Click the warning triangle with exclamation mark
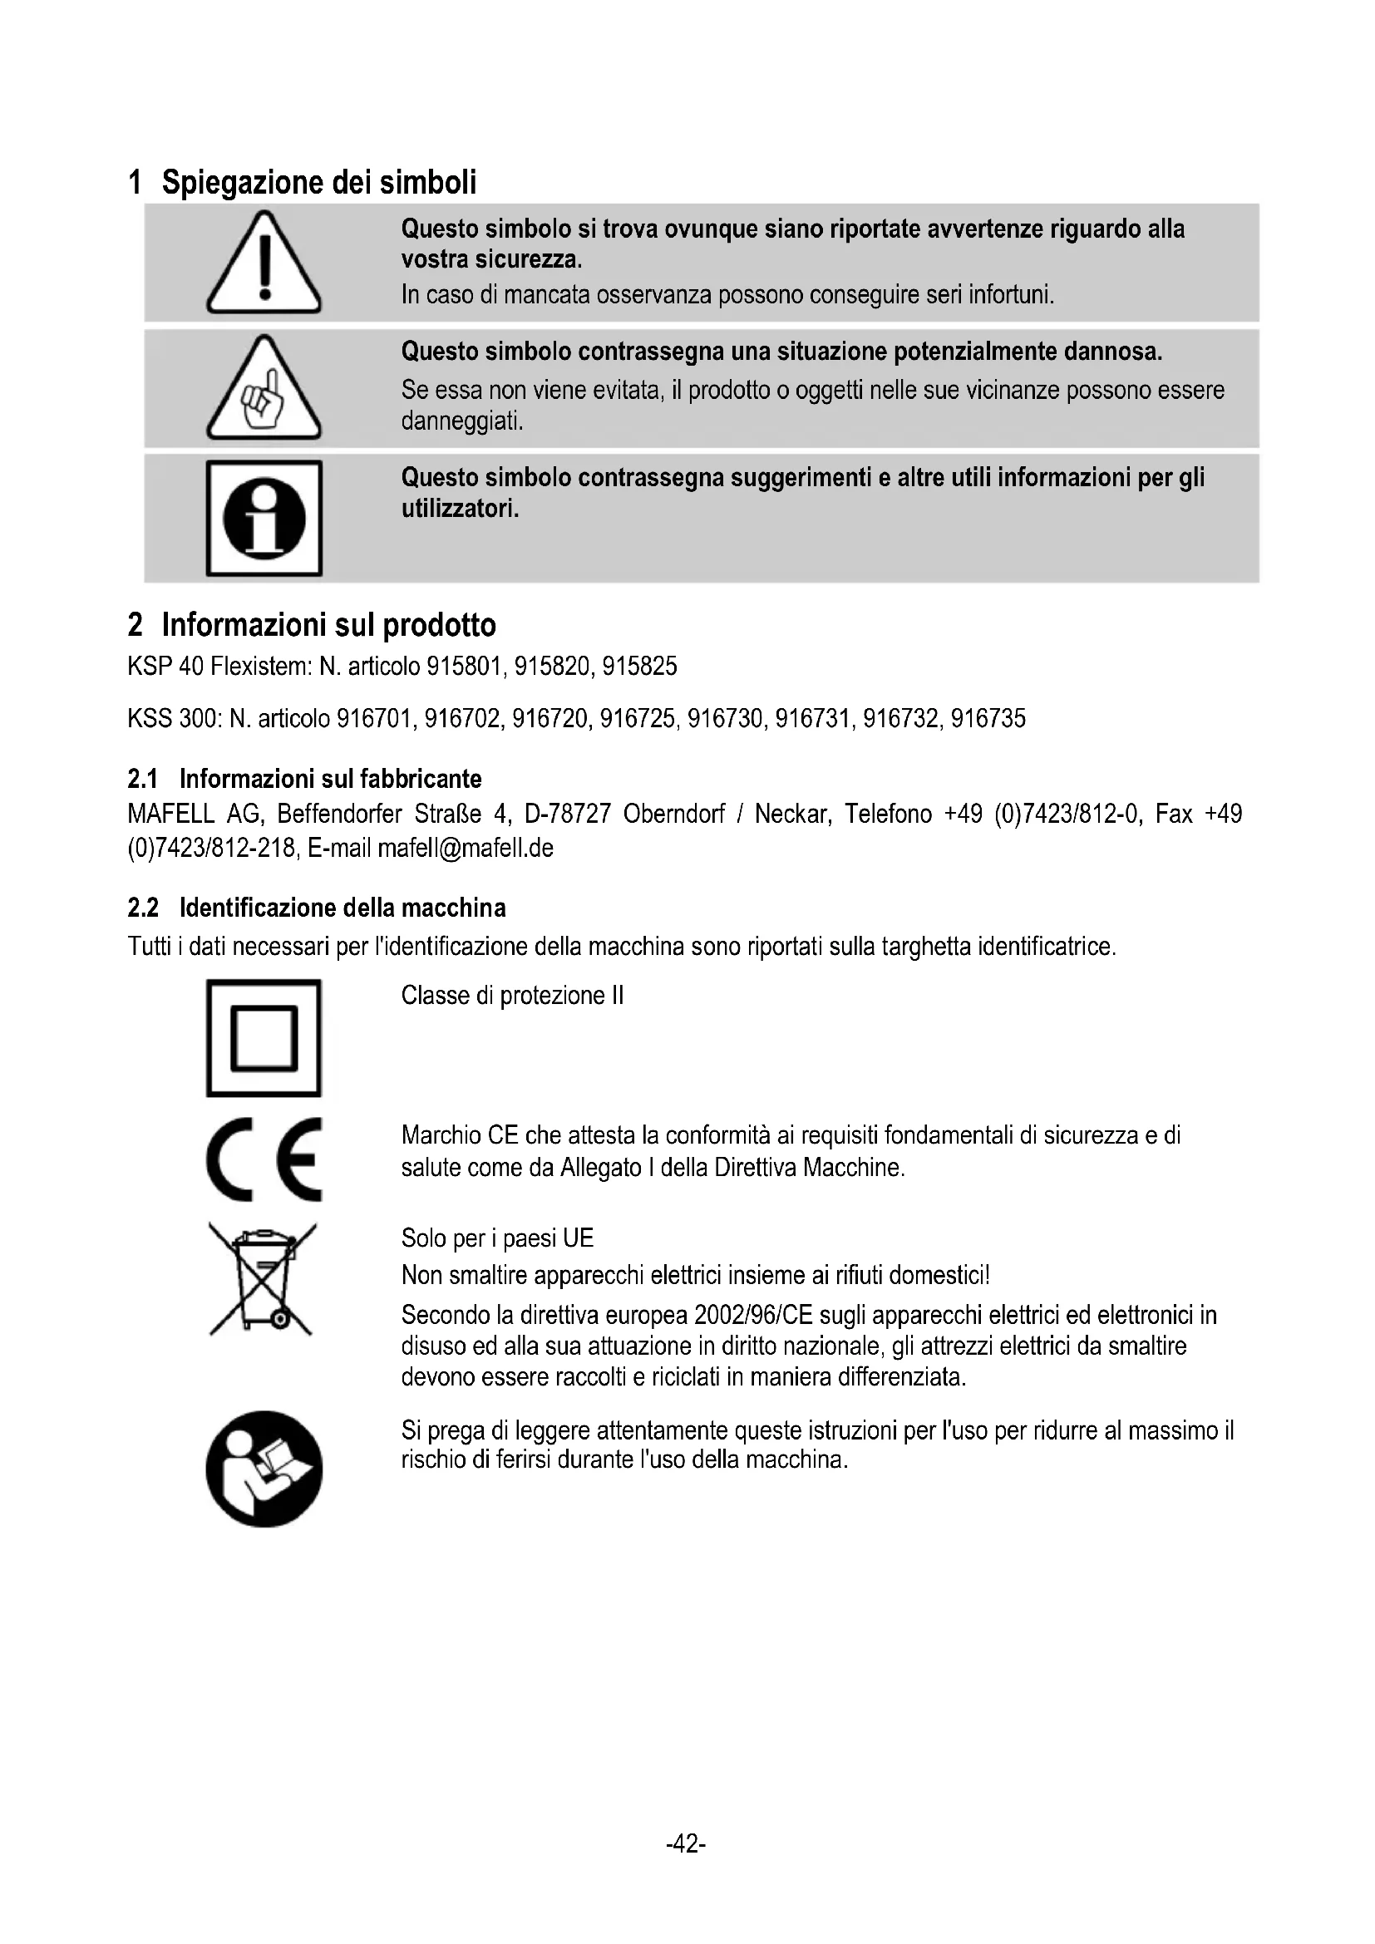264,263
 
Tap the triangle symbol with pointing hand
264,390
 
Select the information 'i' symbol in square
264,518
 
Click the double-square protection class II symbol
264,1038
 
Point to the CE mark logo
264,1159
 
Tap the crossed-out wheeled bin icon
263,1279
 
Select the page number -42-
686,1843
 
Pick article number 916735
988,719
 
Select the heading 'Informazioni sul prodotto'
328,625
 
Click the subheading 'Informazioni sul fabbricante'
330,778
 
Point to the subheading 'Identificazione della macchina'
342,908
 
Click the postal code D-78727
567,814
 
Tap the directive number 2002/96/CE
752,1315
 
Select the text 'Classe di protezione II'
512,995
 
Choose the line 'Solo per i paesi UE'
497,1238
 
